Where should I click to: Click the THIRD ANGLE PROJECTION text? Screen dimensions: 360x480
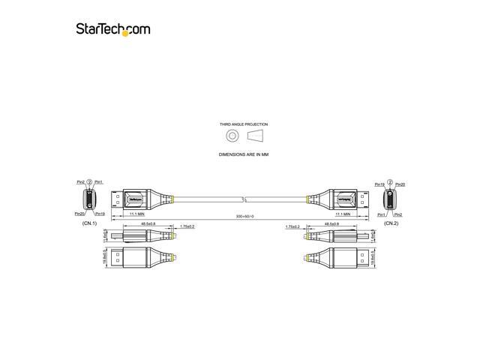click(x=243, y=124)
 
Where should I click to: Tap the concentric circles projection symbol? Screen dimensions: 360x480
click(x=232, y=136)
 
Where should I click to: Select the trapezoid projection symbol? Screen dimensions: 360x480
click(x=255, y=136)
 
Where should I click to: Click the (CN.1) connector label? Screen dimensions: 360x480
click(x=89, y=223)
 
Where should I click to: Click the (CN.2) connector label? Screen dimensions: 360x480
click(x=391, y=223)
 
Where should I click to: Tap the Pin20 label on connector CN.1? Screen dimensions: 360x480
click(x=80, y=214)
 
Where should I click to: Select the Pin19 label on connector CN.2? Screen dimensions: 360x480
click(x=380, y=184)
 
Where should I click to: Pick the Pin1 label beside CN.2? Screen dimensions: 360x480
click(x=380, y=214)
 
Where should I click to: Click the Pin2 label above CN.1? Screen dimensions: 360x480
click(x=80, y=182)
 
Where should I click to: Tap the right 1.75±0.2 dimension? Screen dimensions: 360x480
click(x=293, y=225)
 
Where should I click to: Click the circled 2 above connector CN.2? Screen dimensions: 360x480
click(x=390, y=181)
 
